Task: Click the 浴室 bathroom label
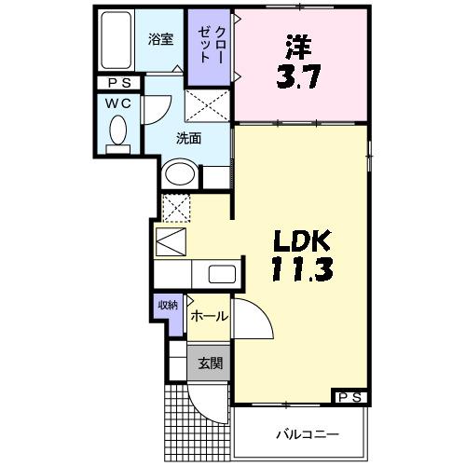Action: (x=161, y=39)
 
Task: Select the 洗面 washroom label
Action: (x=189, y=140)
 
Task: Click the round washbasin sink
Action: (x=180, y=175)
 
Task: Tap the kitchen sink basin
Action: (x=223, y=275)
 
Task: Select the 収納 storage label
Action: (x=167, y=306)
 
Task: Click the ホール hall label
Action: (x=208, y=317)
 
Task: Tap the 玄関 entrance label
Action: (x=209, y=363)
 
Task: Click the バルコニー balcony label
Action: (x=307, y=434)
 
